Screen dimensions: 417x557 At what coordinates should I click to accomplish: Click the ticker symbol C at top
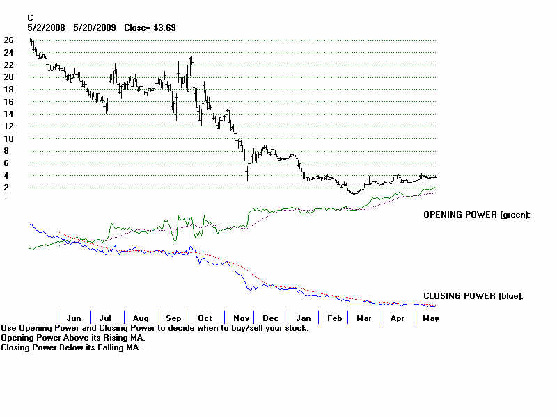click(x=30, y=17)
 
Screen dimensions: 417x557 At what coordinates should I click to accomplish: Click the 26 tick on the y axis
click(x=8, y=40)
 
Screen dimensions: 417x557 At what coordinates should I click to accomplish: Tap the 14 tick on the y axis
click(x=8, y=114)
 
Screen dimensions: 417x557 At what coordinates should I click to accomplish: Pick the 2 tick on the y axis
click(x=6, y=188)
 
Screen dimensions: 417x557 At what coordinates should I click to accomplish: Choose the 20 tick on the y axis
click(x=8, y=77)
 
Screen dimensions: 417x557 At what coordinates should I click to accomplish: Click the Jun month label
click(x=73, y=318)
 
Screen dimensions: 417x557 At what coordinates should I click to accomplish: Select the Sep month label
click(x=173, y=318)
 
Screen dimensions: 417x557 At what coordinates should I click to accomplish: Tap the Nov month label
click(x=240, y=318)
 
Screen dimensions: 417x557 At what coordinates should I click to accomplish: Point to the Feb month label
click(x=335, y=318)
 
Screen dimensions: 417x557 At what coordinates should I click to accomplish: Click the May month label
click(x=430, y=318)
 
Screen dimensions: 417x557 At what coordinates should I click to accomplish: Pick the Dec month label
click(x=271, y=318)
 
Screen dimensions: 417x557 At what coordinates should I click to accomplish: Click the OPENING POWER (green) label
click(x=477, y=215)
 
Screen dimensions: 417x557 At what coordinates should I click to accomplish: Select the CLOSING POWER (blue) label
click(x=473, y=296)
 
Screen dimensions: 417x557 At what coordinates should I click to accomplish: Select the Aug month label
click(x=140, y=318)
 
